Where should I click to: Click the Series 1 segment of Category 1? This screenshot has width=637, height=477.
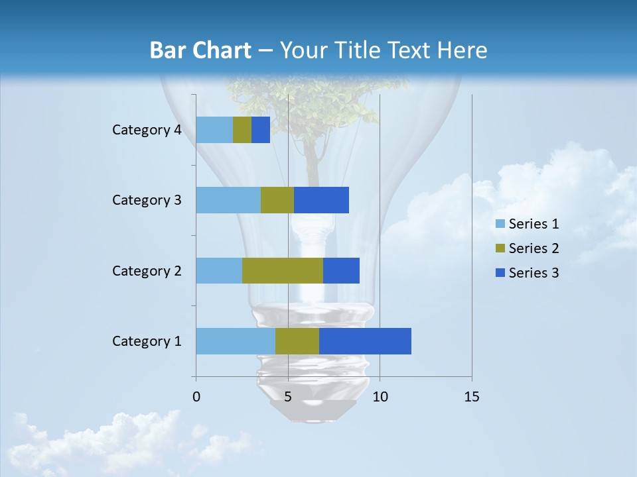click(236, 341)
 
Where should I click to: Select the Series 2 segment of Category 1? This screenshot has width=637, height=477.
click(297, 341)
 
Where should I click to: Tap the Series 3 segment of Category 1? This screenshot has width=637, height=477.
click(365, 341)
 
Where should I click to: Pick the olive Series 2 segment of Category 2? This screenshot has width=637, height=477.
click(283, 270)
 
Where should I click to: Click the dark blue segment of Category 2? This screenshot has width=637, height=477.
click(341, 270)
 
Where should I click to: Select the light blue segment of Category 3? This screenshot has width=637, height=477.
click(228, 200)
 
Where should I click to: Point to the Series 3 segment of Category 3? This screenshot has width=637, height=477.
click(321, 200)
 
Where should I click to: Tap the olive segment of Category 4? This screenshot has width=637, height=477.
click(242, 130)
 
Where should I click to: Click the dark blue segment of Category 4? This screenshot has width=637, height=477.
click(261, 130)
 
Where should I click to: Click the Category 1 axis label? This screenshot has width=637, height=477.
click(147, 341)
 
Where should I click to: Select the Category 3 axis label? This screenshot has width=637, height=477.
click(147, 200)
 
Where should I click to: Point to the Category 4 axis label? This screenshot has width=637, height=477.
click(147, 130)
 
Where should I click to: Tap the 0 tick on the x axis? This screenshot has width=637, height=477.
click(196, 397)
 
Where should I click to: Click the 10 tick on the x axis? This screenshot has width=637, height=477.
click(380, 397)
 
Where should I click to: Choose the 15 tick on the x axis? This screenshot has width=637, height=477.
click(472, 397)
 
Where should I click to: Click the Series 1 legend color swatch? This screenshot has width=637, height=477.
click(500, 224)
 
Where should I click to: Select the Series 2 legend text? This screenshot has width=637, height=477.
click(533, 248)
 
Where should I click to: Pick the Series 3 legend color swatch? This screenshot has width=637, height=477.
click(500, 273)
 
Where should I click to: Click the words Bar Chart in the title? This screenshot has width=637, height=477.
click(200, 50)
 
